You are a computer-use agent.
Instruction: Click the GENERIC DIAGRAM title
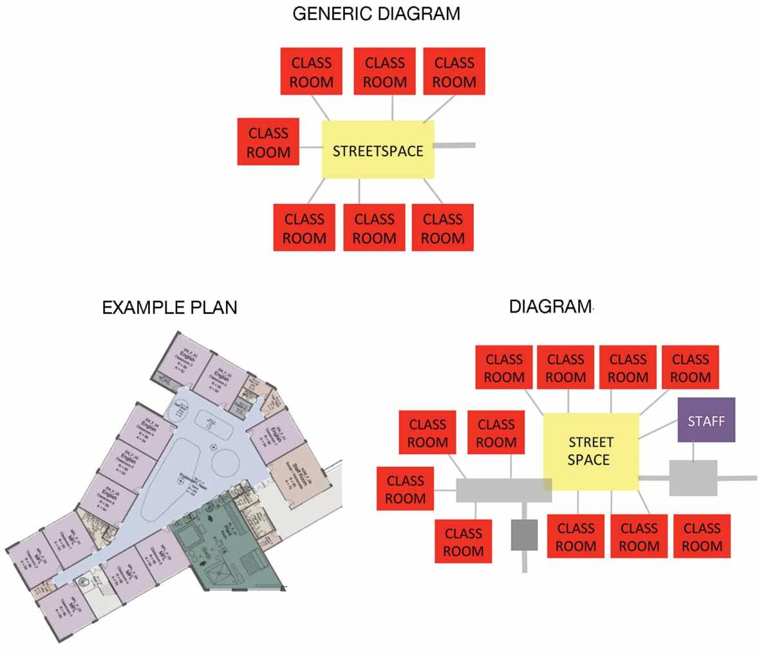[376, 14]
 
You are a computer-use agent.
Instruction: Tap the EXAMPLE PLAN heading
[169, 307]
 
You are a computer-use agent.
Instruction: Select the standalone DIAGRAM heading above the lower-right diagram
[550, 306]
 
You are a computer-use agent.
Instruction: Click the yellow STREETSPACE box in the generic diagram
[378, 151]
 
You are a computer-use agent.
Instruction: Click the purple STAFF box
[706, 420]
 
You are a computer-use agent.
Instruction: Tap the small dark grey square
[524, 535]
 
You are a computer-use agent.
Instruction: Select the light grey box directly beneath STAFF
[693, 478]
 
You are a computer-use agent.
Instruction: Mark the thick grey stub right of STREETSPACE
[455, 146]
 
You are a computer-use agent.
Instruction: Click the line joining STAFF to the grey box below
[693, 451]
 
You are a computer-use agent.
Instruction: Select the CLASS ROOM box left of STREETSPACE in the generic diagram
[268, 142]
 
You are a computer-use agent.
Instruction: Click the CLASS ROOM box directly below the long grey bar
[464, 542]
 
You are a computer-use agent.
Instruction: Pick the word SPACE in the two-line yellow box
[588, 459]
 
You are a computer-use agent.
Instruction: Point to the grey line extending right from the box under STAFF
[737, 478]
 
